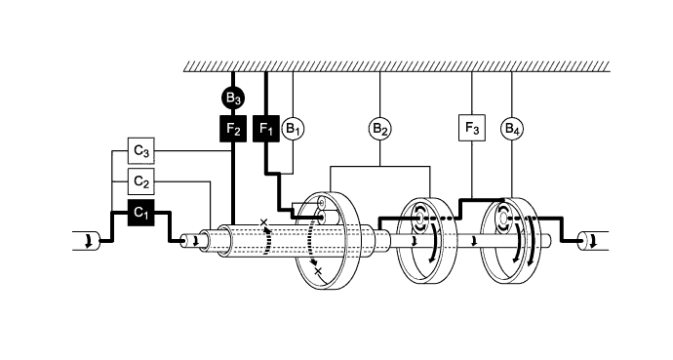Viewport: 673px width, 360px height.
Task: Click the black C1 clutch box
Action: tap(141, 212)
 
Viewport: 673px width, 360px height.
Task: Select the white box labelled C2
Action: tap(141, 181)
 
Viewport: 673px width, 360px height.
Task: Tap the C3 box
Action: tap(141, 152)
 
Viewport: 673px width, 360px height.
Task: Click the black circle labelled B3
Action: tap(232, 98)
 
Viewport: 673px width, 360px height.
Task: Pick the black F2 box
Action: tap(232, 128)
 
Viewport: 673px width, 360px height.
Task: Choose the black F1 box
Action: tap(265, 128)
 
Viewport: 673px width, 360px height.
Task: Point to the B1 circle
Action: tap(294, 128)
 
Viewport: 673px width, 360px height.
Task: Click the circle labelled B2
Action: tap(379, 128)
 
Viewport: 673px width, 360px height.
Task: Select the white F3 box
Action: tap(471, 128)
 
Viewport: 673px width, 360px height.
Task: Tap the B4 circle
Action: tap(512, 128)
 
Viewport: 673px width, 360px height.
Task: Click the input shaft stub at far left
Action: tap(87, 240)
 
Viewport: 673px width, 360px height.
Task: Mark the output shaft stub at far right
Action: tap(592, 240)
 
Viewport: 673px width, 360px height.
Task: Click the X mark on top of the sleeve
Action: tap(262, 223)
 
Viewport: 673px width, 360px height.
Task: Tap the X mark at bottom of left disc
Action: tap(318, 270)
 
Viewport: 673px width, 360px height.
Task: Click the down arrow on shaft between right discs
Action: tap(472, 240)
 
